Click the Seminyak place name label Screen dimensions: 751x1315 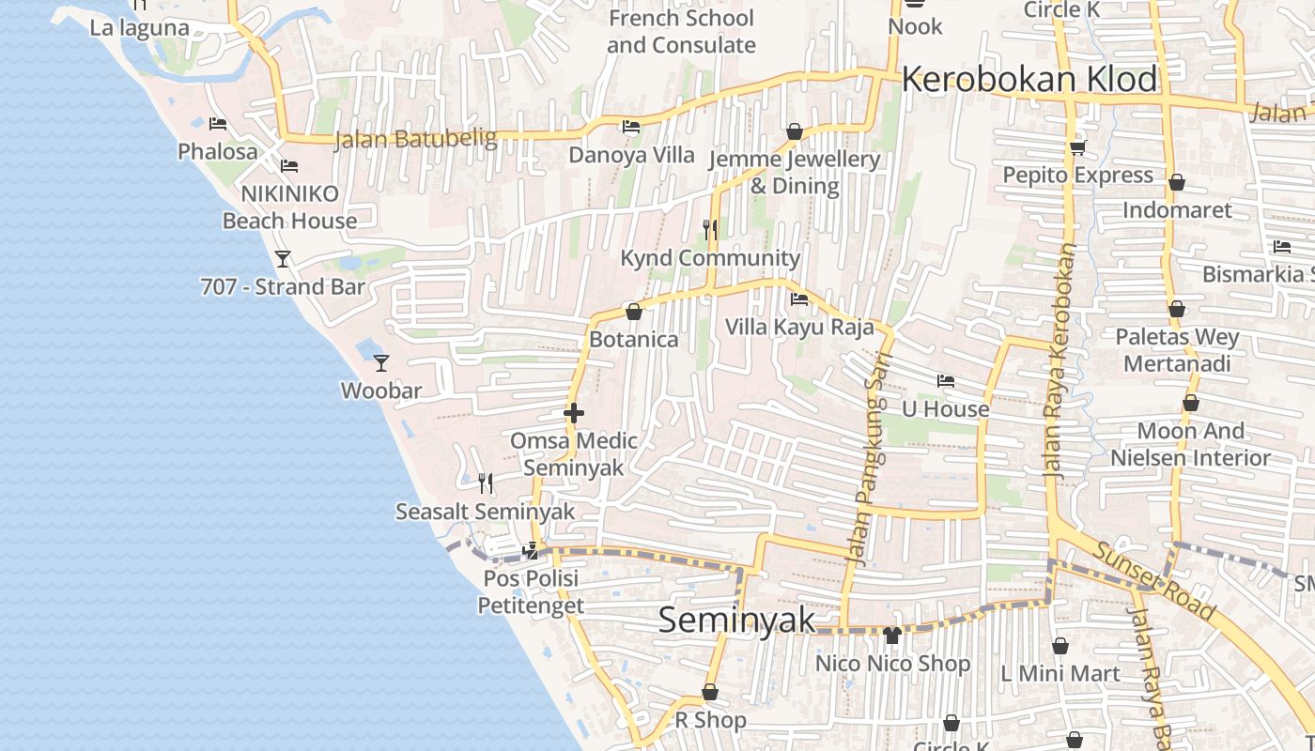[736, 621]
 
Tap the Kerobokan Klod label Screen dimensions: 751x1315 [1029, 80]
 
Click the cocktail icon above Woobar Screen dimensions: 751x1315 [380, 362]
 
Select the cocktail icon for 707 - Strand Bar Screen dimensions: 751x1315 [282, 258]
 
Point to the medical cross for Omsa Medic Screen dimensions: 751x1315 [574, 412]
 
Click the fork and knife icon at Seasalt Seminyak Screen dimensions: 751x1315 [486, 483]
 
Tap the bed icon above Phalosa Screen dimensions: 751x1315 [218, 123]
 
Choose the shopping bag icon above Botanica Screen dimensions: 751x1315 [634, 311]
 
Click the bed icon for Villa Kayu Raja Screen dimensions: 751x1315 [799, 299]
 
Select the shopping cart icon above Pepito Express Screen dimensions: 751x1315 [1077, 147]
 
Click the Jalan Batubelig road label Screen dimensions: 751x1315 [415, 139]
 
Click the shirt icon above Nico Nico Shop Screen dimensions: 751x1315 [892, 636]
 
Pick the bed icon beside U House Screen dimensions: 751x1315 [946, 381]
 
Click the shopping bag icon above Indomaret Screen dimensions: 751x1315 [1177, 182]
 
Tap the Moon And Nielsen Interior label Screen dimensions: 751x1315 [1190, 444]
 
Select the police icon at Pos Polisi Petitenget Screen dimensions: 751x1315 [532, 550]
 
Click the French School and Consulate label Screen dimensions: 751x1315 [681, 31]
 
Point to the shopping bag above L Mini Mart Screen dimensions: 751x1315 [1060, 646]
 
